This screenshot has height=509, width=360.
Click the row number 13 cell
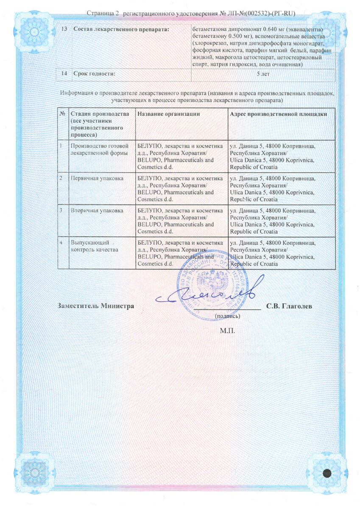[64, 29]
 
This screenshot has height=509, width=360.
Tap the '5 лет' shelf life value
[263, 74]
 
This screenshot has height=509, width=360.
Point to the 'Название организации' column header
[169, 114]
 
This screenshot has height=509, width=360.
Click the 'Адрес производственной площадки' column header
[279, 114]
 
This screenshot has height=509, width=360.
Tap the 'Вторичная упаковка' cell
[97, 210]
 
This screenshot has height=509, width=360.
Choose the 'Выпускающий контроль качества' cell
[88, 246]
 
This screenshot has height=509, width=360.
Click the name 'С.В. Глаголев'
[290, 306]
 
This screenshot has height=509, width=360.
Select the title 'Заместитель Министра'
[96, 306]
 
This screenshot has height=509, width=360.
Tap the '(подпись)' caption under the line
[228, 316]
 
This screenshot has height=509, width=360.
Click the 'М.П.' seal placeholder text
[227, 330]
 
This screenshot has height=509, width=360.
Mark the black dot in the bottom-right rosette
[327, 474]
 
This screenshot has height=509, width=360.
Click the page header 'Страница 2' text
[101, 14]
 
